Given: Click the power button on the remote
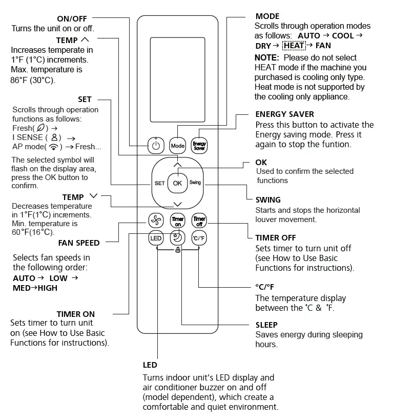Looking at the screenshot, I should (x=156, y=146).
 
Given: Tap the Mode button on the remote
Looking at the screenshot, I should (x=178, y=146).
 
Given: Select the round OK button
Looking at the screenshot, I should (x=177, y=183).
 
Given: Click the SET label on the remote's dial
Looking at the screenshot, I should (x=159, y=183).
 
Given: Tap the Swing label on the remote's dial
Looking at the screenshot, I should (x=195, y=183).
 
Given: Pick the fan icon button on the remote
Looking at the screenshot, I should (x=156, y=221).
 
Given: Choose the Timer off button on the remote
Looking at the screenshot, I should (x=199, y=221).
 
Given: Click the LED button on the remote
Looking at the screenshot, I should (x=156, y=238).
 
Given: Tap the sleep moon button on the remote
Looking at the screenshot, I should (x=177, y=238).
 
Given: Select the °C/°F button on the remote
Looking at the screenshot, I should (x=199, y=238).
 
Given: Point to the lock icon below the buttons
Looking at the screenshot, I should (x=178, y=251).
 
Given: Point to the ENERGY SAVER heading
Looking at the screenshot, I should (x=284, y=114).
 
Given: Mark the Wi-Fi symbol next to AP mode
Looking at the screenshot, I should (x=53, y=147).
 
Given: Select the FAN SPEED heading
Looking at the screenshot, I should (x=79, y=243).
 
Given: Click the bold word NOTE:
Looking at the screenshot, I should (x=266, y=57).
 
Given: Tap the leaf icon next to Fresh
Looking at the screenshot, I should (x=41, y=128).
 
